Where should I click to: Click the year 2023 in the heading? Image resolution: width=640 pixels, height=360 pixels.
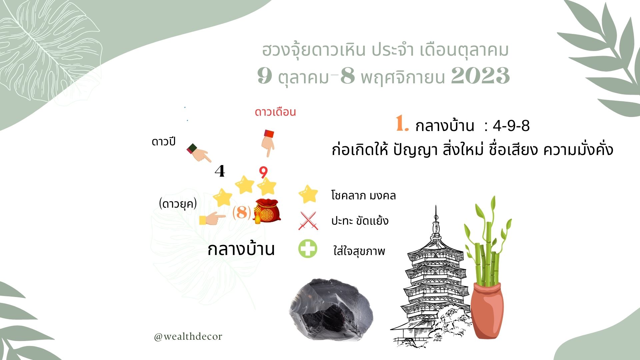[480, 76]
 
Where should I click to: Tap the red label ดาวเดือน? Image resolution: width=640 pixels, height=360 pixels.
[275, 112]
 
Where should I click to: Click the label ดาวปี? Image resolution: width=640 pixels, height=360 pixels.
[163, 142]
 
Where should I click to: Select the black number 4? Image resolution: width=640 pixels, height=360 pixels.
[220, 171]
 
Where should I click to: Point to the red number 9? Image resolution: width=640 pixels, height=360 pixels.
[263, 172]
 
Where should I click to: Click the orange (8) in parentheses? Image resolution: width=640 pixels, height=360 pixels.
[242, 212]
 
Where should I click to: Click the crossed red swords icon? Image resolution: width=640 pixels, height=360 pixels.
[308, 221]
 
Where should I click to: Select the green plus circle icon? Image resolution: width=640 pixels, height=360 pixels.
[308, 249]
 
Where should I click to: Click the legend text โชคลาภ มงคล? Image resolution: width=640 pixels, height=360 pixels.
[363, 195]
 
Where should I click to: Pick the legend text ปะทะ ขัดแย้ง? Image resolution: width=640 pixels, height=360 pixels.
[360, 221]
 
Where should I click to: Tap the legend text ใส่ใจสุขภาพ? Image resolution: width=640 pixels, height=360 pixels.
[359, 250]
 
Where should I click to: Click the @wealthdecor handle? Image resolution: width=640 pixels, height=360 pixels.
[188, 337]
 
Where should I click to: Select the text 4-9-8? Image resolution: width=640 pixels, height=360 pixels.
[511, 126]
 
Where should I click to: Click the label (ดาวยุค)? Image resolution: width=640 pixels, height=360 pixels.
[178, 204]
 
